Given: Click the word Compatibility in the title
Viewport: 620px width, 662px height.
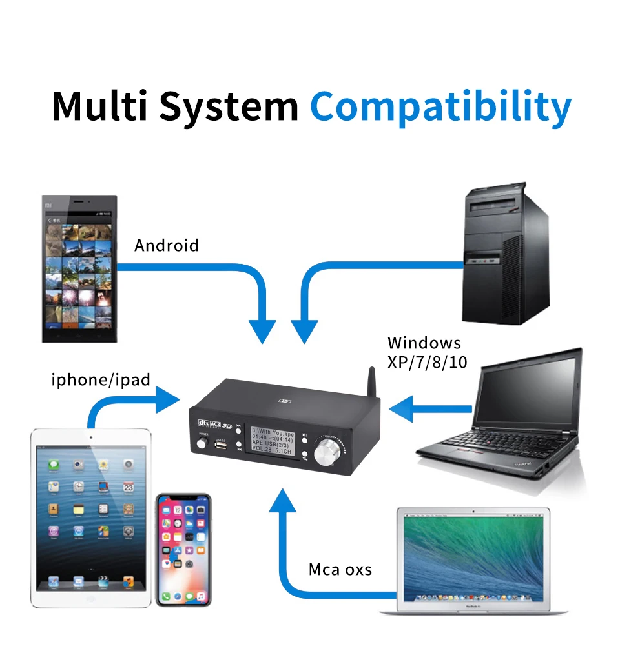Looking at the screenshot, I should click(x=440, y=107).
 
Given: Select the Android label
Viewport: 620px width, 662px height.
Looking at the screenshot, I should click(x=166, y=246).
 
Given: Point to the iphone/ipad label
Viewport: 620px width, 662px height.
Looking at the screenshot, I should click(x=101, y=379).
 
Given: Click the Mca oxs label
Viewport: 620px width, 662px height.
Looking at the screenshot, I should click(x=340, y=569).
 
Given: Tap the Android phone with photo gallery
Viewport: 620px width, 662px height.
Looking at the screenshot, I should click(x=79, y=268).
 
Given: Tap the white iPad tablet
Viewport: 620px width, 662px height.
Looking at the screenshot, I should click(x=91, y=516).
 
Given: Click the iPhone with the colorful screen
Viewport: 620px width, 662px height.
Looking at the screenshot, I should click(x=184, y=550).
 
